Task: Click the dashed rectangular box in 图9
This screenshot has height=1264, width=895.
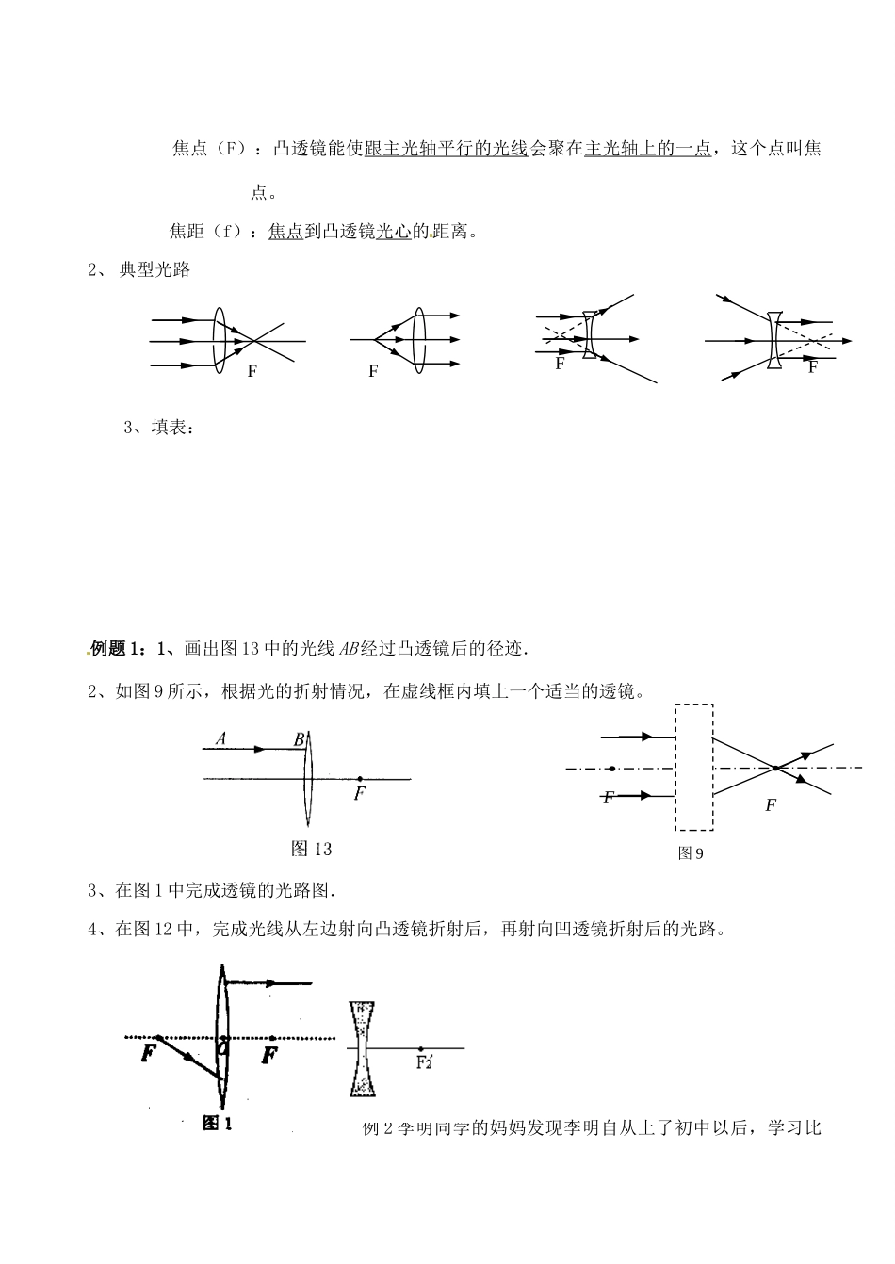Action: point(694,767)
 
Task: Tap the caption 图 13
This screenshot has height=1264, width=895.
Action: point(312,849)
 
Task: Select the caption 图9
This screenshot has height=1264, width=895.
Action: point(692,853)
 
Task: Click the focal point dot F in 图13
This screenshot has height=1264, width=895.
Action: point(360,779)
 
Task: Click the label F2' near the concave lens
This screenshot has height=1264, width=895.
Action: point(423,1062)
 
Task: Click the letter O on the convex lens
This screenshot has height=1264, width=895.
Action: point(223,1046)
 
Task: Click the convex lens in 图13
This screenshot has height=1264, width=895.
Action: point(307,779)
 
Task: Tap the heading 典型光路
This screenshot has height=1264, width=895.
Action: point(155,270)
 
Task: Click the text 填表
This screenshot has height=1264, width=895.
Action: point(172,428)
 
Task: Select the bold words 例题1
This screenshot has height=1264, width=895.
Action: point(117,648)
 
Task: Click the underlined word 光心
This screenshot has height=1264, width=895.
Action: point(393,231)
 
